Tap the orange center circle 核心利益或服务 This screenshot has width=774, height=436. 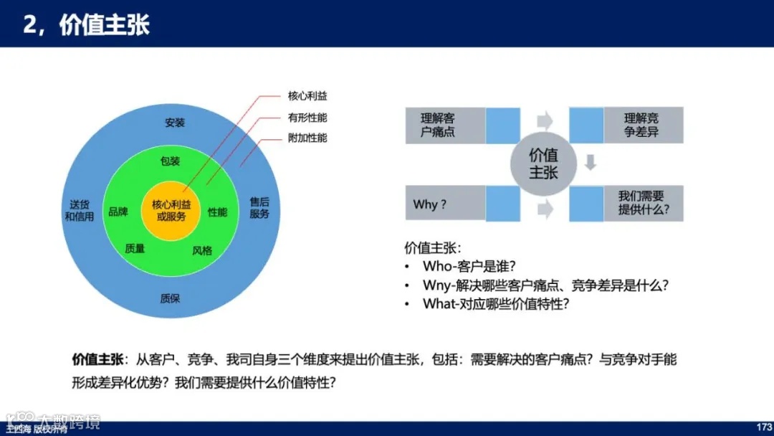click(x=171, y=211)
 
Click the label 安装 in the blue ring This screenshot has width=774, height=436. click(x=174, y=123)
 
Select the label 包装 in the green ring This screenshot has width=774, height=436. click(x=170, y=161)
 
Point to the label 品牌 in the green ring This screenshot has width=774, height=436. click(x=118, y=212)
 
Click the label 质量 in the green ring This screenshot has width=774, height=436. click(x=135, y=248)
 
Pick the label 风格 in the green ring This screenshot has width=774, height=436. click(x=202, y=251)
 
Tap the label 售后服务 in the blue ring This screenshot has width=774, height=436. click(x=259, y=207)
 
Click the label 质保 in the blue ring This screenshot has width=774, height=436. click(x=170, y=298)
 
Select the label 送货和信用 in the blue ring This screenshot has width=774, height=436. click(x=79, y=211)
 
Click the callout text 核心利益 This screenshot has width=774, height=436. click(x=307, y=96)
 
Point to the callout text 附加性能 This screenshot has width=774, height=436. click(x=307, y=138)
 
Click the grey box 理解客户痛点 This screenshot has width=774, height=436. click(x=444, y=125)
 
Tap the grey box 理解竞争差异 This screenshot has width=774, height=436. click(x=642, y=125)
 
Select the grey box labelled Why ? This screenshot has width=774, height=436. click(x=444, y=204)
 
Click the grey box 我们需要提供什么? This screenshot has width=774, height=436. click(x=642, y=203)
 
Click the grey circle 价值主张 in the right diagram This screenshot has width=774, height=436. click(x=543, y=164)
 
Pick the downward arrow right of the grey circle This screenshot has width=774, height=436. click(x=590, y=163)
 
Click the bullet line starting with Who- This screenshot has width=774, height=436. click(x=469, y=267)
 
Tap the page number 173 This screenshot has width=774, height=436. click(x=763, y=427)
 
